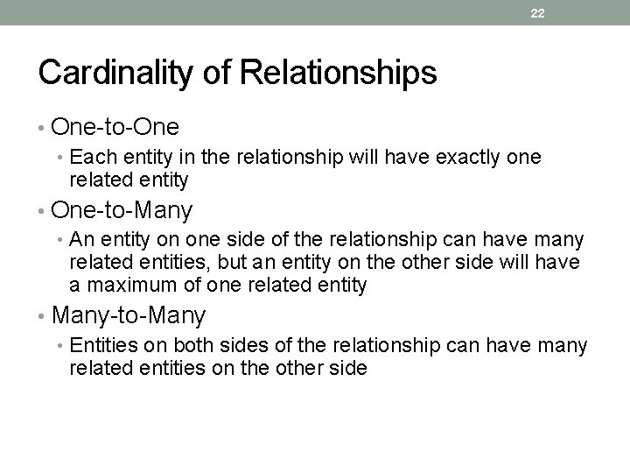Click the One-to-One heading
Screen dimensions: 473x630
pos(115,128)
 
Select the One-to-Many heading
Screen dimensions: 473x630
pos(122,210)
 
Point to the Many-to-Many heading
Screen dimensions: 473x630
pos(129,314)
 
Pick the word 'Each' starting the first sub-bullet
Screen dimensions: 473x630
pos(89,158)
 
